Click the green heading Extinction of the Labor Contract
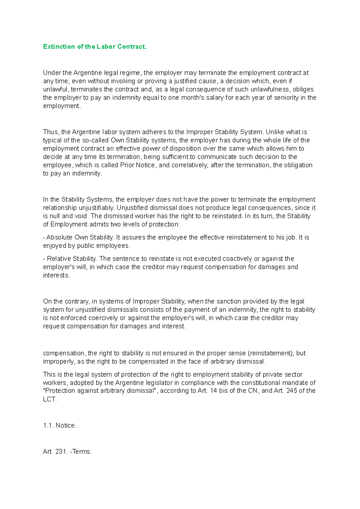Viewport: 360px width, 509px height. (94, 47)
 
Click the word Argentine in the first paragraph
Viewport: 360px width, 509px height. (88, 73)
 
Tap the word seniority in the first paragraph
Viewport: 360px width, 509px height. (285, 98)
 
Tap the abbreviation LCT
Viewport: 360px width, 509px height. (49, 399)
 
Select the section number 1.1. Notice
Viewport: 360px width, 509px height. (60, 426)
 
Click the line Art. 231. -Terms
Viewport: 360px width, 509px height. (67, 452)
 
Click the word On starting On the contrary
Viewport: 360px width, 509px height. (47, 302)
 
